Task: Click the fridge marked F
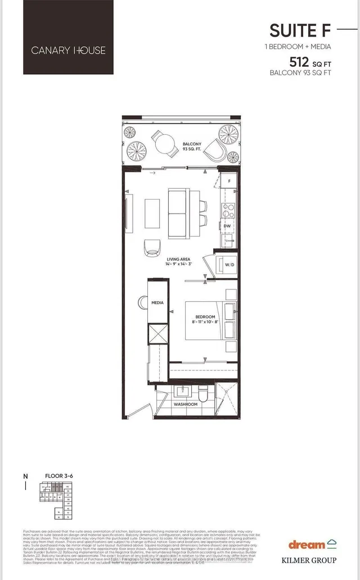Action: pyautogui.click(x=229, y=181)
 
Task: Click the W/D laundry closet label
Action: pyautogui.click(x=229, y=265)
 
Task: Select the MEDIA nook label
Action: pyautogui.click(x=157, y=303)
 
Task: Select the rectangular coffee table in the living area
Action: pyautogui.click(x=152, y=213)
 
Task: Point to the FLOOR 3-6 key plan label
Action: pyautogui.click(x=59, y=476)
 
